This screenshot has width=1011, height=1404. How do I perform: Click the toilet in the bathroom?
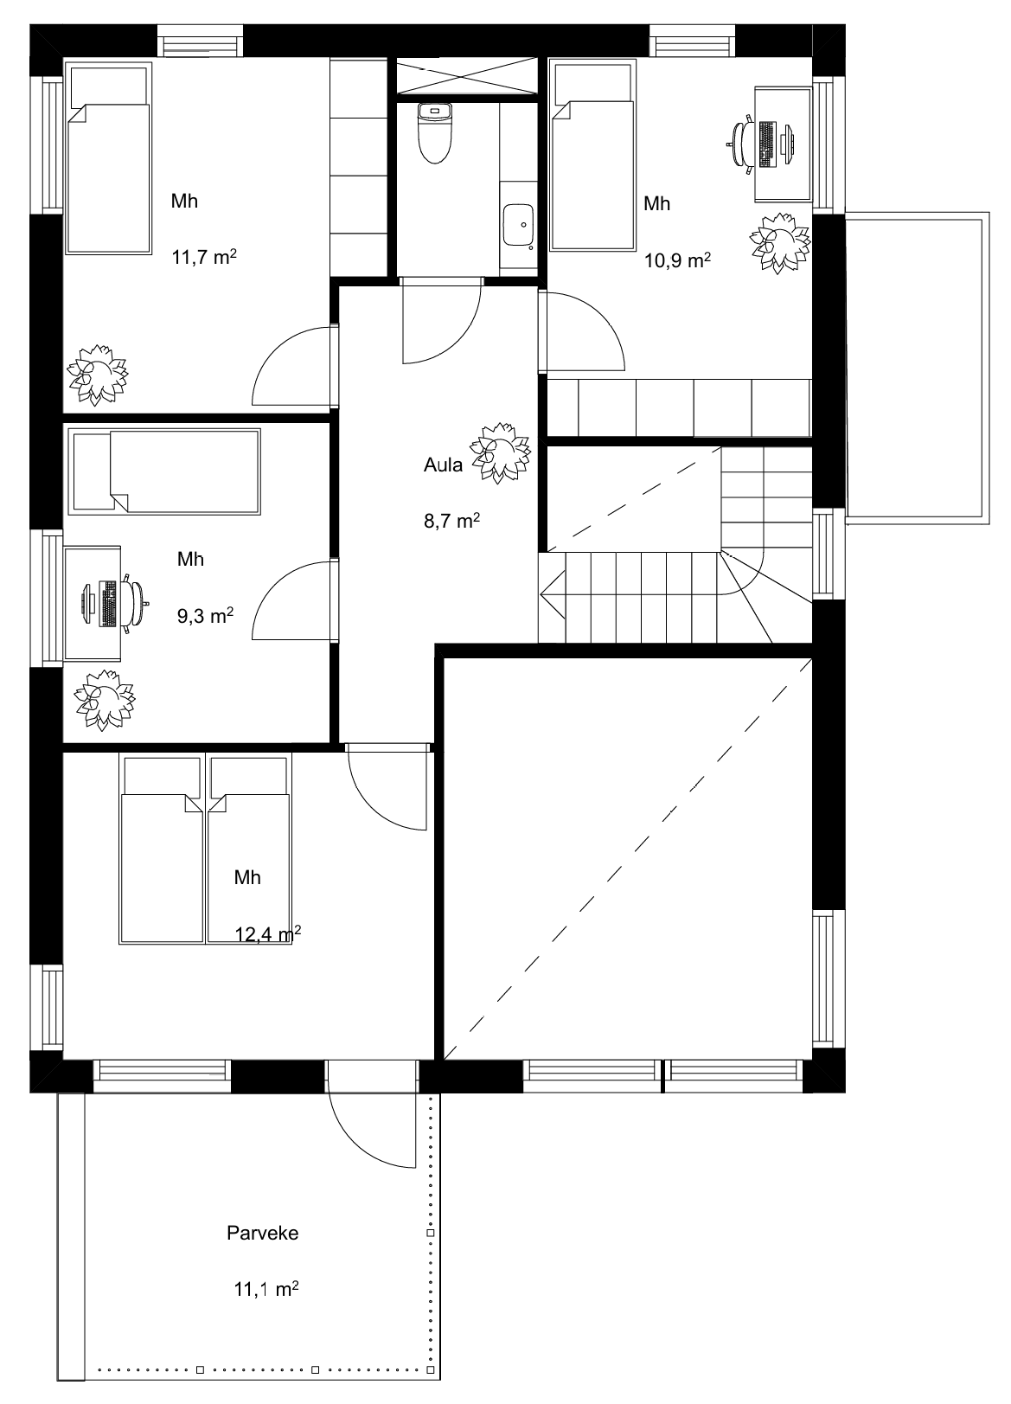[x=434, y=133]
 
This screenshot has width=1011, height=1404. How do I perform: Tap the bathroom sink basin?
[x=518, y=225]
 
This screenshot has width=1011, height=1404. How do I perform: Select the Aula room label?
[x=443, y=465]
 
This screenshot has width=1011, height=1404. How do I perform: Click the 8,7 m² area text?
[x=452, y=521]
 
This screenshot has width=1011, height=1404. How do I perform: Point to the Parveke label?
[x=263, y=1234]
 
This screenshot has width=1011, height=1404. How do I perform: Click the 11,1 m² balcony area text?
[x=266, y=1289]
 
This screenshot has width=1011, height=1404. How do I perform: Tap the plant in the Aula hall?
[x=501, y=452]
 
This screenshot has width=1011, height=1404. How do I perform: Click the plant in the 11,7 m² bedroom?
[x=98, y=375]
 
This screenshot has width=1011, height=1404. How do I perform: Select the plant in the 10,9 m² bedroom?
[x=781, y=242]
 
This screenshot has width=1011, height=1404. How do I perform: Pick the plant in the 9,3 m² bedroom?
[x=105, y=700]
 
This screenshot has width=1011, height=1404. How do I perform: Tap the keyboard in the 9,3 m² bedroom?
[x=108, y=603]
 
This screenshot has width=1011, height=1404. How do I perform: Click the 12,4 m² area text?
[x=267, y=934]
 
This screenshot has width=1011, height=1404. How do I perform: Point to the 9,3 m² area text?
[x=206, y=616]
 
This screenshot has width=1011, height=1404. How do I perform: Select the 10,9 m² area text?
[x=677, y=260]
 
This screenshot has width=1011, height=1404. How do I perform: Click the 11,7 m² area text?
[x=204, y=257]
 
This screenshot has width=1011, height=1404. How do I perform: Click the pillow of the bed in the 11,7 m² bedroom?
[x=109, y=87]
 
